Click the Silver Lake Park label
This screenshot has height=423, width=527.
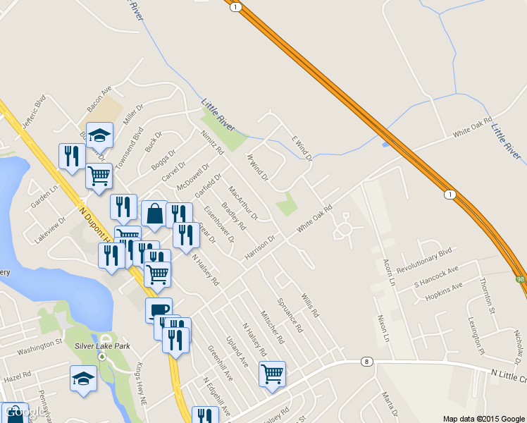pos(102,346)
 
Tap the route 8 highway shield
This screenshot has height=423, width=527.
pos(366,362)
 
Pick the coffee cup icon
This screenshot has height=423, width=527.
pos(159,309)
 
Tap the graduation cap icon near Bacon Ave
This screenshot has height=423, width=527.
pos(100,135)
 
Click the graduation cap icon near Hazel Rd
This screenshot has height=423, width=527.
pos(83,378)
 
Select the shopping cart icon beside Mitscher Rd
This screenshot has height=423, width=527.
pos(272,374)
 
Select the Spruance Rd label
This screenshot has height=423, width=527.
pos(291,314)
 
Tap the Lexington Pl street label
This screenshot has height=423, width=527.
pos(476,336)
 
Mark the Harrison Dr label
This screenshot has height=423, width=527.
pos(259,248)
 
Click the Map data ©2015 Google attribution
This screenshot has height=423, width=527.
pos(483,418)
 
